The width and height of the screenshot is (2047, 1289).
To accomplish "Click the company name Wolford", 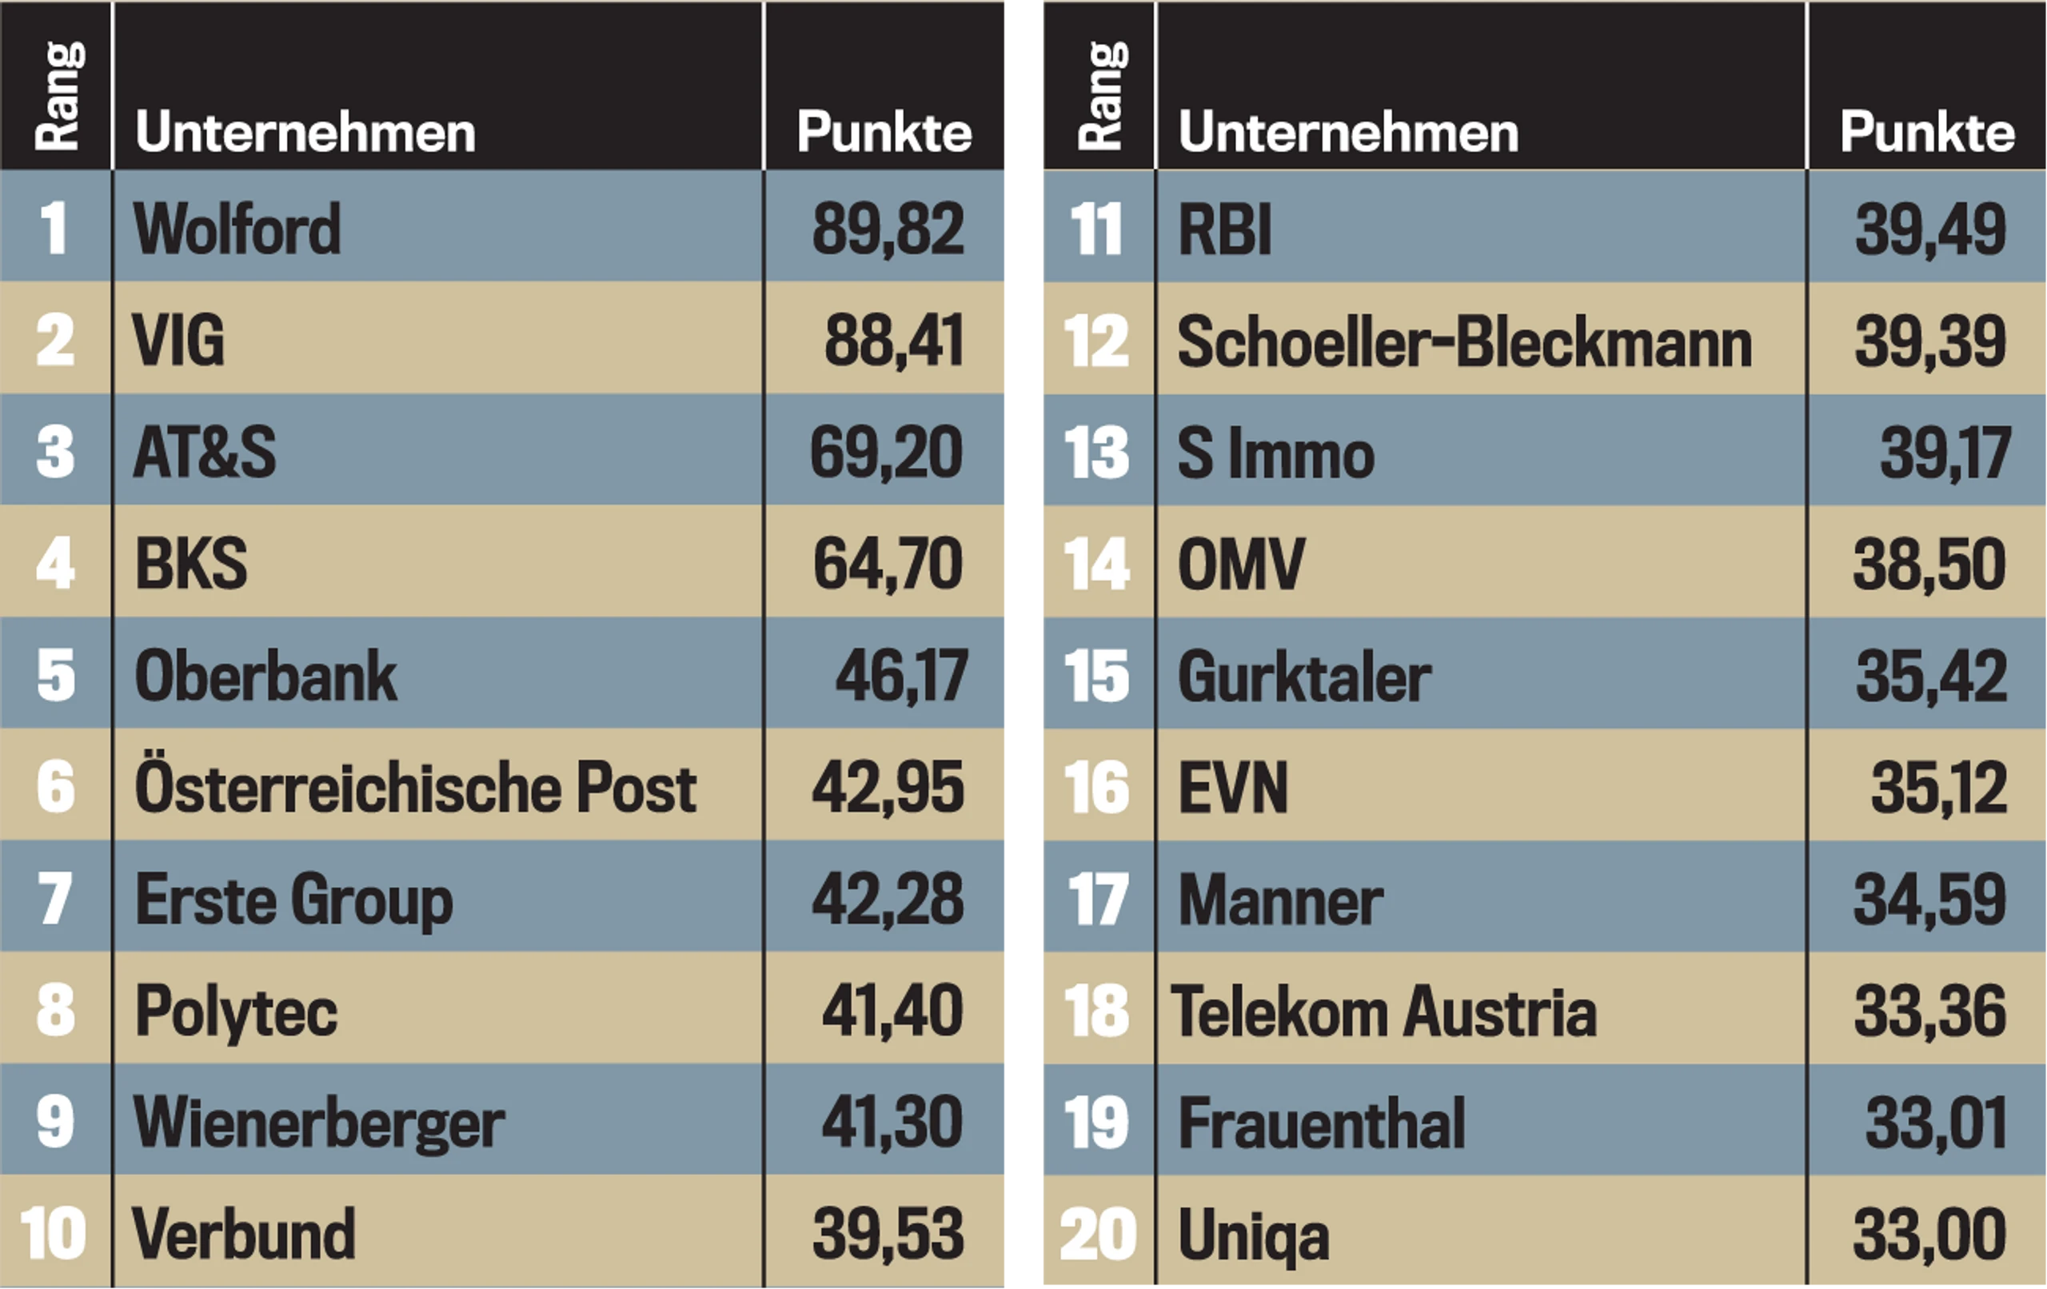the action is (237, 229).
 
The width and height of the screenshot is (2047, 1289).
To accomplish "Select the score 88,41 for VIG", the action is (894, 341).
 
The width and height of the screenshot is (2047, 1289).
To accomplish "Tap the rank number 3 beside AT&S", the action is (55, 452).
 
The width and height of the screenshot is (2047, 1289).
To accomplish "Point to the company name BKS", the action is (191, 563).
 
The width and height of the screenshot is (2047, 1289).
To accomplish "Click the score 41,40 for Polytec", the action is (892, 1011).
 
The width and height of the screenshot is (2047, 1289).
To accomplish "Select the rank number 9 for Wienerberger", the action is (55, 1122).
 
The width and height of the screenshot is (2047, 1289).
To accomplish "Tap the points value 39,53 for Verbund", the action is (888, 1234).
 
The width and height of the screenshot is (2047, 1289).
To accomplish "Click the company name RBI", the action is (1225, 229).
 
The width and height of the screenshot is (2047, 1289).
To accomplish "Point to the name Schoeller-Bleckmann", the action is (1465, 341).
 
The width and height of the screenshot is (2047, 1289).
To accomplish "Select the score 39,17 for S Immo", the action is (1945, 453).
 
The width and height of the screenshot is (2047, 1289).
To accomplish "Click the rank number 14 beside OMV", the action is (1096, 564).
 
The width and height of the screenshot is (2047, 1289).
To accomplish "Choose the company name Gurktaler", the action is (1305, 676).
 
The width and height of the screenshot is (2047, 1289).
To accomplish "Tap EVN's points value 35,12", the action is (1939, 788).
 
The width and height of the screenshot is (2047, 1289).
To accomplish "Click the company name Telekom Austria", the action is (1384, 1011).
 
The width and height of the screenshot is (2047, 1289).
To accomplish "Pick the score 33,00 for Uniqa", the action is (1929, 1234).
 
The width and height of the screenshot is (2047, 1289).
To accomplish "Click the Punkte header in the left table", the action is (884, 132).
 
